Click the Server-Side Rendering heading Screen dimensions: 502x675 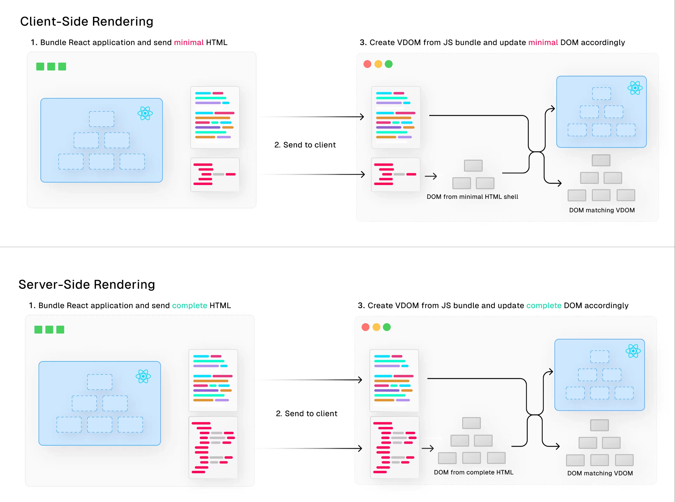pyautogui.click(x=87, y=284)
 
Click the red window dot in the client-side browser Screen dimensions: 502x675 pyautogui.click(x=367, y=64)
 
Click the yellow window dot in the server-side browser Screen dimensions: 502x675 pyautogui.click(x=376, y=327)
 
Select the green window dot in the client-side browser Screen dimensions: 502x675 pyautogui.click(x=388, y=64)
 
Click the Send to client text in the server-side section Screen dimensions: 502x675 pyautogui.click(x=307, y=414)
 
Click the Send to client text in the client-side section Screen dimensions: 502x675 pyautogui.click(x=305, y=145)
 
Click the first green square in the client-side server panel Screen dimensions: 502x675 pyautogui.click(x=40, y=66)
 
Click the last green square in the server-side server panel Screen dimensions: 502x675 pyautogui.click(x=60, y=330)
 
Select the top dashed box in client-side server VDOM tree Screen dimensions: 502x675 pyautogui.click(x=101, y=119)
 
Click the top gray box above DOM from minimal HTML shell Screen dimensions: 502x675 pyautogui.click(x=473, y=166)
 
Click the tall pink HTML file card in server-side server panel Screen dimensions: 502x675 pyautogui.click(x=213, y=447)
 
